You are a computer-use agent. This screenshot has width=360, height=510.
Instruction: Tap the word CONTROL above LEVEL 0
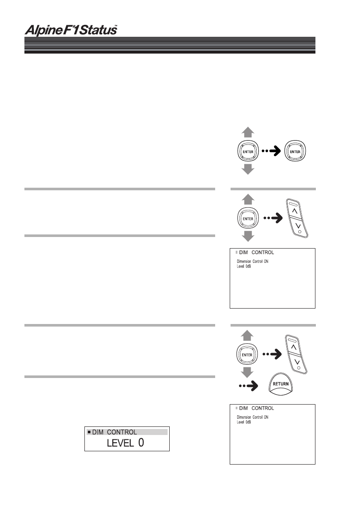click(122, 432)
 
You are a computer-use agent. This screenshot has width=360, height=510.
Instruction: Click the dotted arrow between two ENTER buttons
click(270, 151)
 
